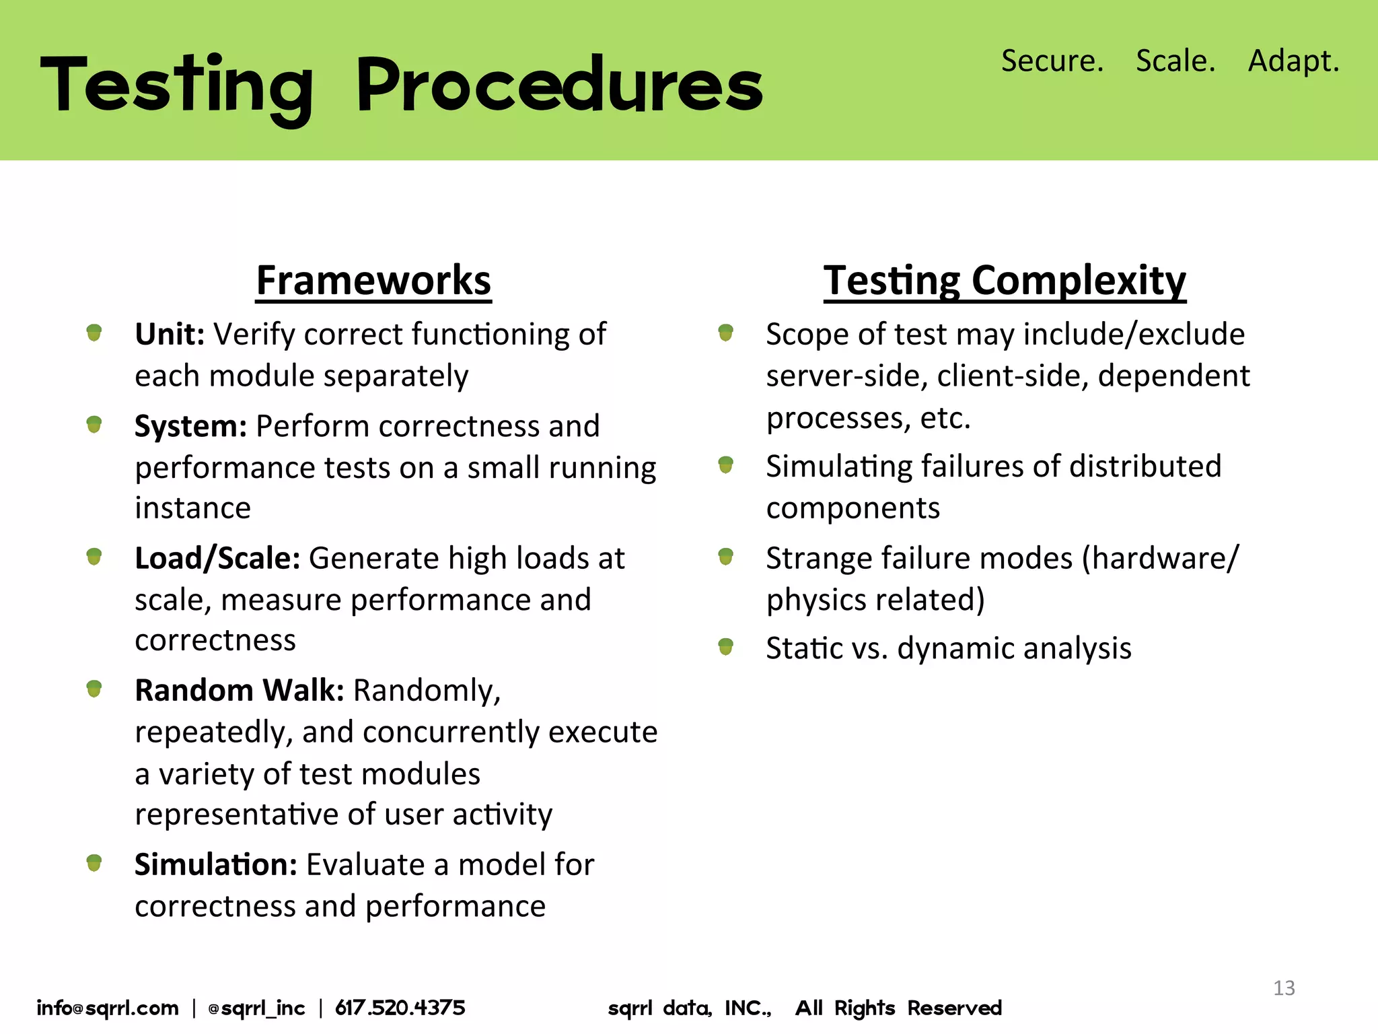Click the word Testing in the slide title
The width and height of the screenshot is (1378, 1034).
[x=176, y=86]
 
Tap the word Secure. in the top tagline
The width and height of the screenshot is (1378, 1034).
[x=1052, y=61]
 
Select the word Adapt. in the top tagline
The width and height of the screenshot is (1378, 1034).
[x=1293, y=61]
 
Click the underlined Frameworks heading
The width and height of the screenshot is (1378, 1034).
[x=373, y=280]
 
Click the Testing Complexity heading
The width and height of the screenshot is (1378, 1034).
[x=1005, y=280]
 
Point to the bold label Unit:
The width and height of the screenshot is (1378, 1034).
[x=170, y=334]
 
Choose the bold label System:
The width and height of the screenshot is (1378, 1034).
[x=191, y=426]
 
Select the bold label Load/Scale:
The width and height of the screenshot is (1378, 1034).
[x=217, y=558]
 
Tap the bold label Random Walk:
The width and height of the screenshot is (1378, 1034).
[x=240, y=690]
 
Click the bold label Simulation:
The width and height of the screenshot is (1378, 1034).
[x=215, y=864]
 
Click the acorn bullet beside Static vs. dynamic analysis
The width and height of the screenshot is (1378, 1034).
[x=725, y=647]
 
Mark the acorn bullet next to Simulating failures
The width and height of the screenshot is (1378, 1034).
[x=725, y=464]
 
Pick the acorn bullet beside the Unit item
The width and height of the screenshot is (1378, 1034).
[x=94, y=333]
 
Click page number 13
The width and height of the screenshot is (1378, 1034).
[x=1284, y=988]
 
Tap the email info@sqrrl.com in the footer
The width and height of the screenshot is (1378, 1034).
[x=108, y=1008]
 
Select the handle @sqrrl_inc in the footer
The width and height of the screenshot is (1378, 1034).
[x=256, y=1008]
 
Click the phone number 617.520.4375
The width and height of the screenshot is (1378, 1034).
[x=400, y=1008]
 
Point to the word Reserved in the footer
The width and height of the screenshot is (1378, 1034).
[x=954, y=1008]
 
